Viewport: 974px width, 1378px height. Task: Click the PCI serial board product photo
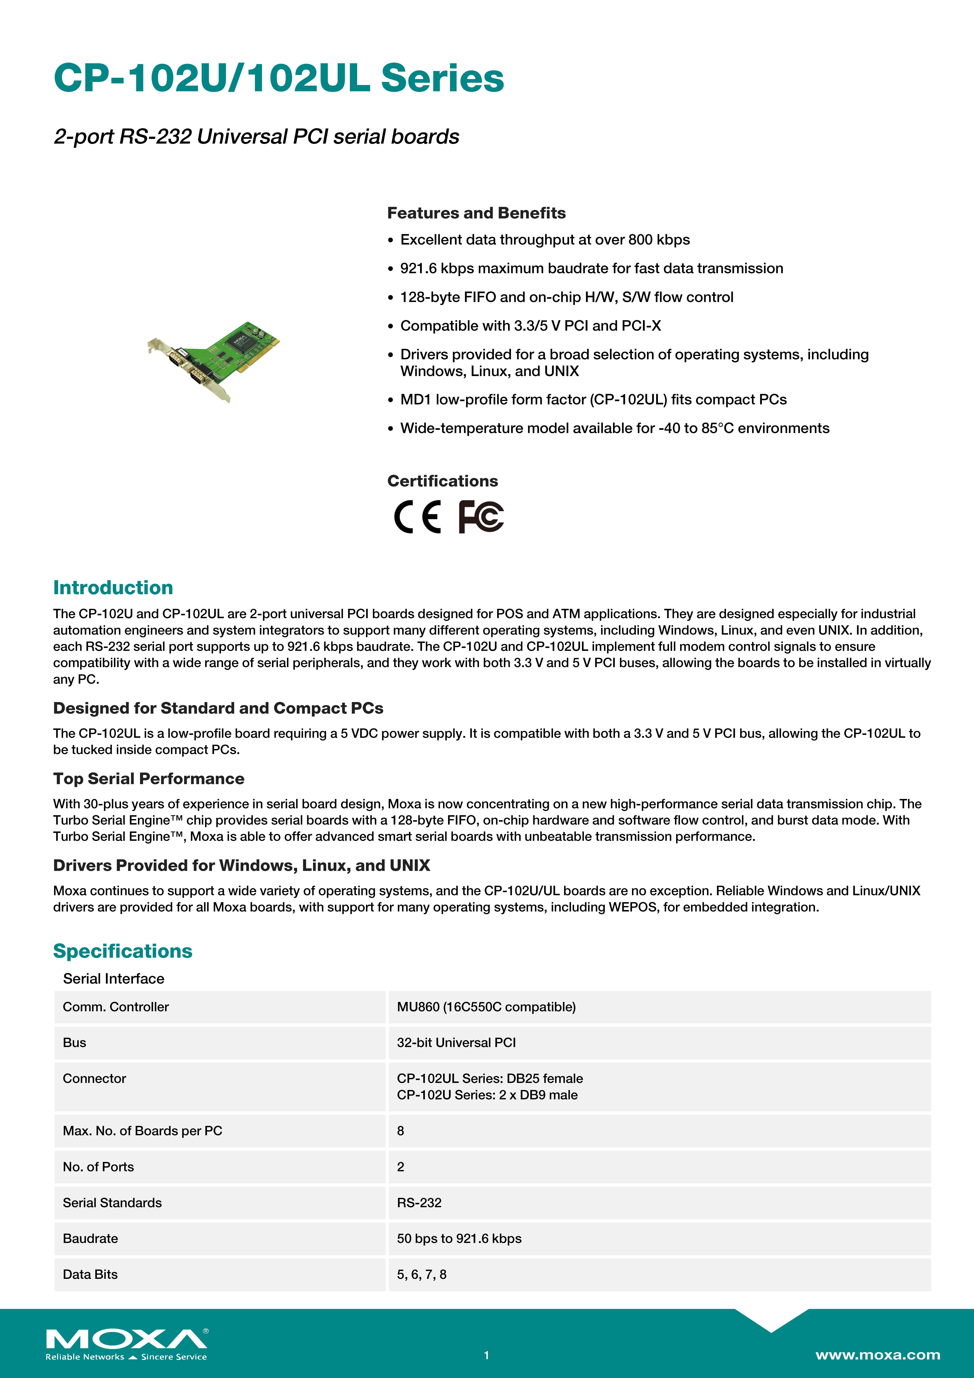[x=214, y=361]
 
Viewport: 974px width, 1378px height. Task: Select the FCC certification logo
[x=481, y=517]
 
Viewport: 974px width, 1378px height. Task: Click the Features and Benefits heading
[x=476, y=213]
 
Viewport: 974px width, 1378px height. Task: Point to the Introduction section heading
[x=113, y=588]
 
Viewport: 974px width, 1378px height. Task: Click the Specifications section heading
[x=122, y=951]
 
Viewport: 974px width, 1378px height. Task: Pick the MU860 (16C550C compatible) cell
[x=486, y=1007]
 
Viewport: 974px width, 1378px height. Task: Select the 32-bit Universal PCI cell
[x=456, y=1043]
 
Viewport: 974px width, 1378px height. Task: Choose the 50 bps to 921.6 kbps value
[x=459, y=1239]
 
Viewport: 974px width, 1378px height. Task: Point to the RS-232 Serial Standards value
[x=419, y=1203]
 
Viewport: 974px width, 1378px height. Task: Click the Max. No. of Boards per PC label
[x=142, y=1131]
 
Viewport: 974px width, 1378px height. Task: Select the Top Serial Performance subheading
[x=149, y=779]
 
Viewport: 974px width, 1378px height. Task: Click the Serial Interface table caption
[x=113, y=979]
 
